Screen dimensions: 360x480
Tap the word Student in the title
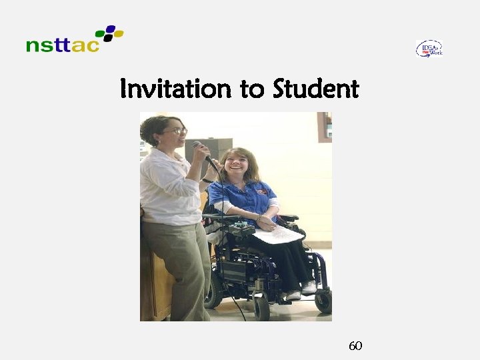point(315,89)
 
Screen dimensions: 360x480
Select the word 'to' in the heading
point(252,89)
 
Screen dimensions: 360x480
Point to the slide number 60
point(355,345)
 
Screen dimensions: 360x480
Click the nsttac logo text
point(63,45)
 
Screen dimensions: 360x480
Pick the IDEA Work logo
point(429,48)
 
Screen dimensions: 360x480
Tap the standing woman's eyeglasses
point(177,131)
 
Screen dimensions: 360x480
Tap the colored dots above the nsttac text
point(109,33)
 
